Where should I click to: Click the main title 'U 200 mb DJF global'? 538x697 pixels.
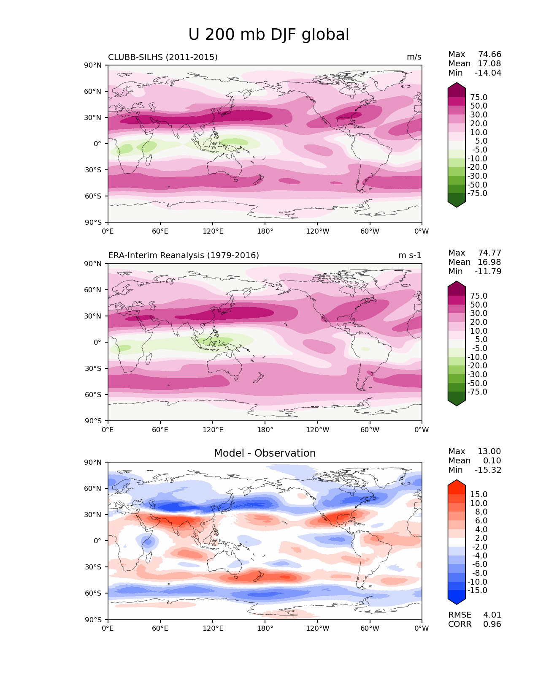(268, 35)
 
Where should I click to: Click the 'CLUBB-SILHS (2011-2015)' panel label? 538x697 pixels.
(163, 57)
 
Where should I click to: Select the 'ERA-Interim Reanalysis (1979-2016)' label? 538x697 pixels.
(184, 256)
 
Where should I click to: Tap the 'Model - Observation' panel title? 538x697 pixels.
(265, 453)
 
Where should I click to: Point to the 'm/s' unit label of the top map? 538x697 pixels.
(414, 57)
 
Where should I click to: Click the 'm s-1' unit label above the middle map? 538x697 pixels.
(410, 256)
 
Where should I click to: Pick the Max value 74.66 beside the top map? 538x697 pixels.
(489, 54)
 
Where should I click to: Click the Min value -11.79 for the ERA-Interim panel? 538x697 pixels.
(488, 272)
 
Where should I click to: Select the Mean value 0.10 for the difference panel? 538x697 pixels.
(492, 461)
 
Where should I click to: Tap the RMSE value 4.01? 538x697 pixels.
(492, 615)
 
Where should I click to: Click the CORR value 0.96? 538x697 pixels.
(492, 624)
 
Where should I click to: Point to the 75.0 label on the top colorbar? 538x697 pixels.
(479, 98)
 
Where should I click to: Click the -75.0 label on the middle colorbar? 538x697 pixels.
(477, 392)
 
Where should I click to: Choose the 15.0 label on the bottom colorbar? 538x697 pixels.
(479, 495)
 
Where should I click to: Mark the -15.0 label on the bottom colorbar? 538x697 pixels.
(477, 591)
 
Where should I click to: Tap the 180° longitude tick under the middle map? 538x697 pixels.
(265, 430)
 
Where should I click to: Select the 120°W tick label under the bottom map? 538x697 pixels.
(317, 629)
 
